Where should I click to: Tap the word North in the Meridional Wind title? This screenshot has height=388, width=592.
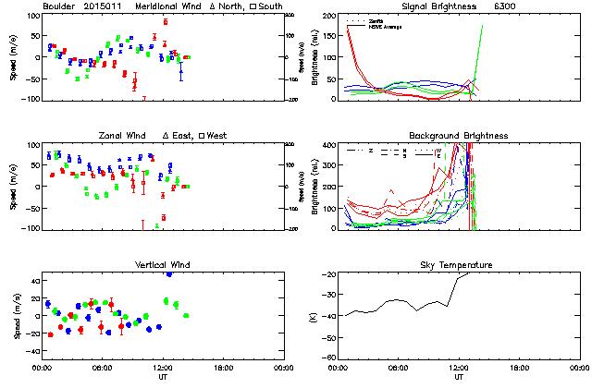(x=218, y=6)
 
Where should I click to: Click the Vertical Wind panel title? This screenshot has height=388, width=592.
(x=160, y=265)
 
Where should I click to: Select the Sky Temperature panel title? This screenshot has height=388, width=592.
(x=458, y=265)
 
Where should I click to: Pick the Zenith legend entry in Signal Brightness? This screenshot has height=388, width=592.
(x=377, y=19)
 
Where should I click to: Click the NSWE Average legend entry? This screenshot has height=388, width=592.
(x=383, y=26)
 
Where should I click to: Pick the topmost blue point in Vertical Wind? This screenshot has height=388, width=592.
(x=168, y=273)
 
